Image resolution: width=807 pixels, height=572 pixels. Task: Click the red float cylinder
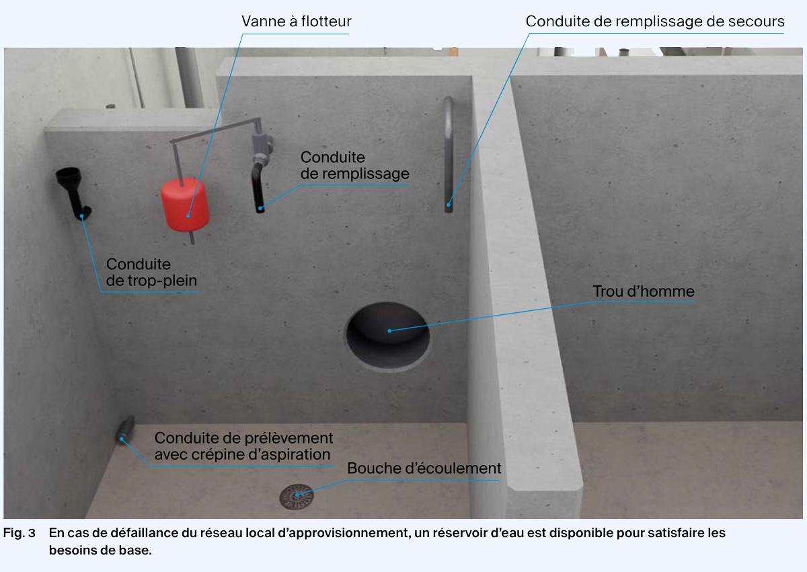184,203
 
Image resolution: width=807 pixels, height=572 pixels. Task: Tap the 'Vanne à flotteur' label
296,22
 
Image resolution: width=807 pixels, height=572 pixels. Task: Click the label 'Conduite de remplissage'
354,166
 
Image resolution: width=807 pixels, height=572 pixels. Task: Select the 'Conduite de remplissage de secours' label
654,22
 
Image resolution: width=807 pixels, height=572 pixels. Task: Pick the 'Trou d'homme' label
643,292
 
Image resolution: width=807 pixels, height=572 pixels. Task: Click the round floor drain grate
297,497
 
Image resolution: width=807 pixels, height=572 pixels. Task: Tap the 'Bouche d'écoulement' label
424,468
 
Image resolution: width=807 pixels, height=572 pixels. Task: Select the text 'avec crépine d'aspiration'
242,454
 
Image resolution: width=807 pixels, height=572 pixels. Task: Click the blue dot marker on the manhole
389,330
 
